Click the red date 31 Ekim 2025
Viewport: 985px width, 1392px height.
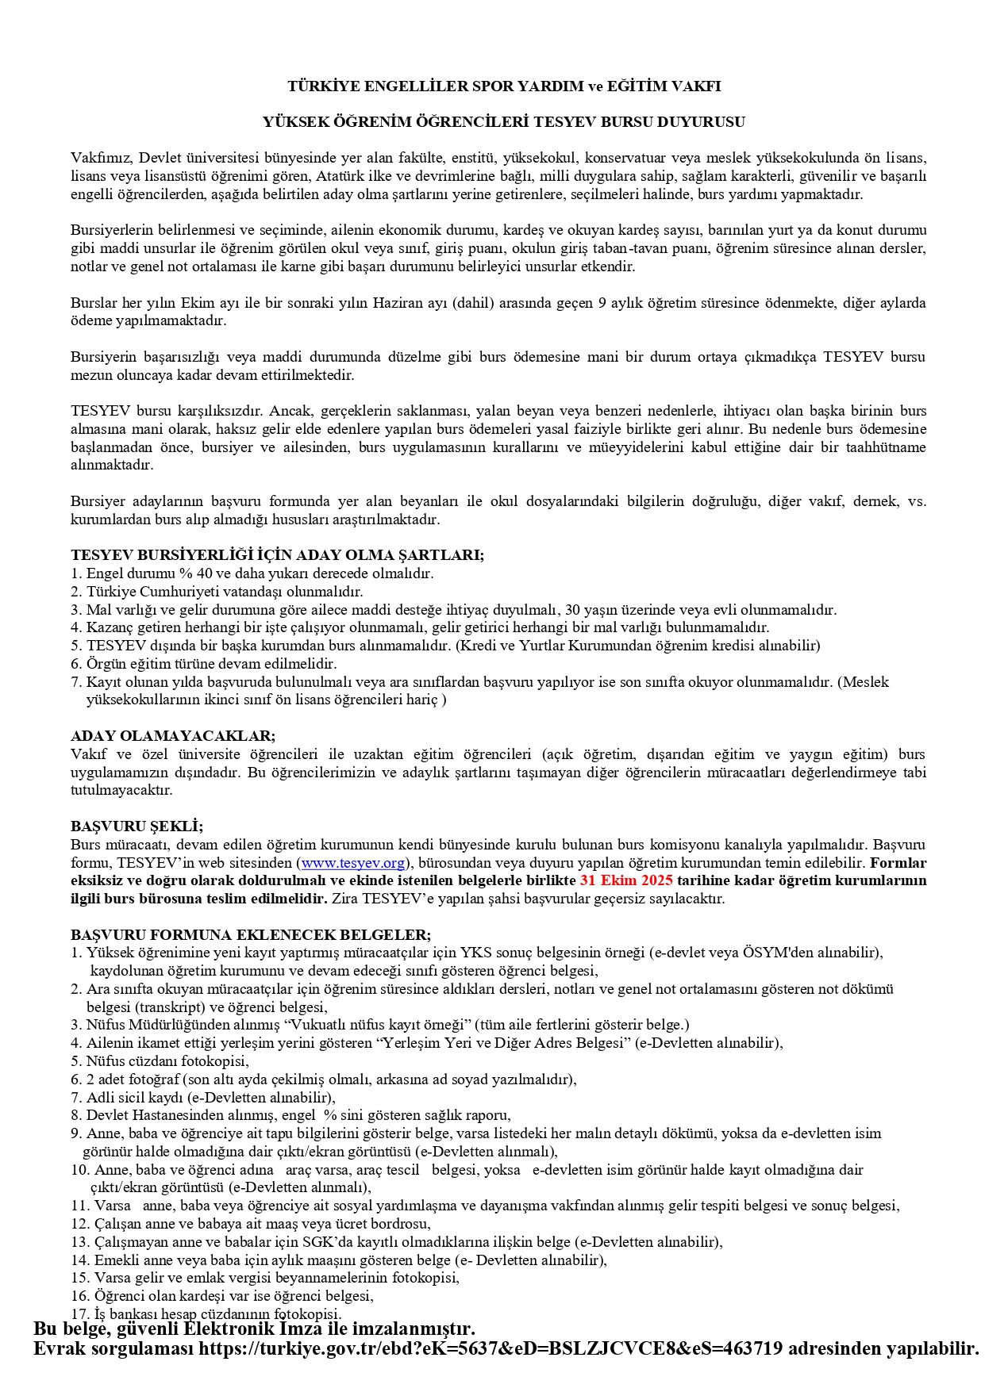point(626,880)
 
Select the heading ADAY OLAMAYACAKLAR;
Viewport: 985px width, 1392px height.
point(173,736)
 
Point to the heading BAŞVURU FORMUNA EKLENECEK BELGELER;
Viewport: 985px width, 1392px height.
point(251,935)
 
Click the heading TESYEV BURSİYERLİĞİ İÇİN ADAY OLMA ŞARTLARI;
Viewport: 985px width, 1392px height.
point(277,555)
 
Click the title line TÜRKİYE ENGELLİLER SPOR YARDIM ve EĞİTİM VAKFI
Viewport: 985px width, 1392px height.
point(504,86)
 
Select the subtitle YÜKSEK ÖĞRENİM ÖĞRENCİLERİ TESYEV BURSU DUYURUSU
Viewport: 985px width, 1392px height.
point(504,122)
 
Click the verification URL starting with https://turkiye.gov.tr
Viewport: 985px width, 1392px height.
point(491,1348)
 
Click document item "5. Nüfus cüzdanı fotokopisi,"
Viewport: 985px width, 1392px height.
point(160,1061)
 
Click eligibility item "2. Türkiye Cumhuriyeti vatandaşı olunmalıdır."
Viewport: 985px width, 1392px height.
point(217,592)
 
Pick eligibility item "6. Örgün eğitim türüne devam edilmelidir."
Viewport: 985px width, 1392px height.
point(204,664)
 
